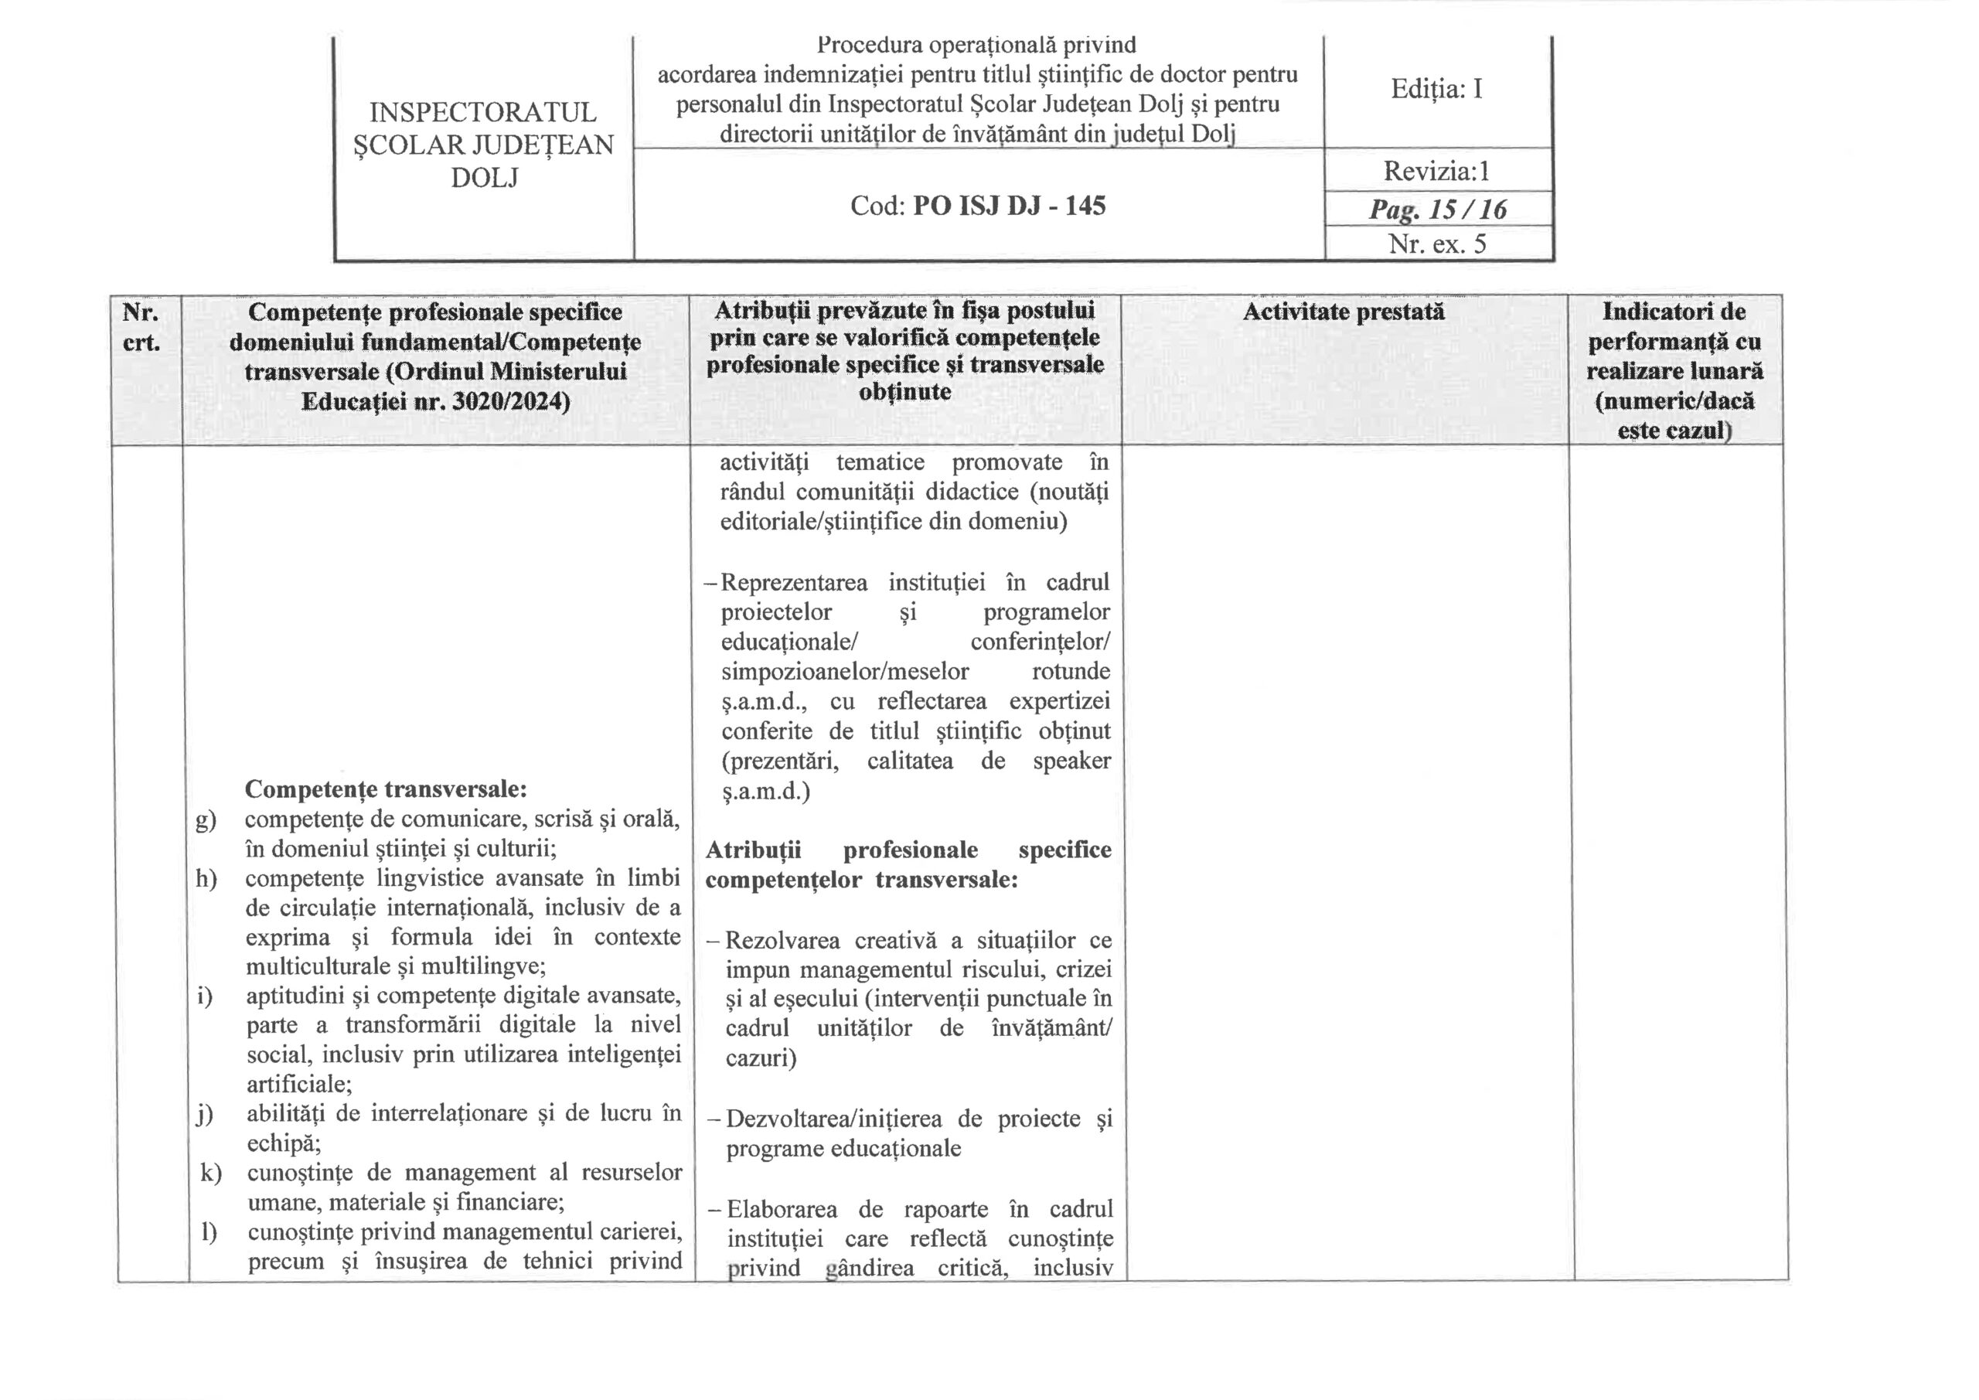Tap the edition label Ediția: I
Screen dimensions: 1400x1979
point(1436,89)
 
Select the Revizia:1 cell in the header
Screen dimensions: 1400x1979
point(1436,171)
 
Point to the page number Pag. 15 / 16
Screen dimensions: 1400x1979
point(1438,209)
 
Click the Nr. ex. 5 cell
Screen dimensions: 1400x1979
point(1437,244)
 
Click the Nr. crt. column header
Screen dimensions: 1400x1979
point(141,327)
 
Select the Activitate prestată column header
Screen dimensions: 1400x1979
point(1343,312)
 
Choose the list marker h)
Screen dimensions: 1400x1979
point(206,878)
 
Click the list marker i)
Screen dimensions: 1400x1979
point(204,996)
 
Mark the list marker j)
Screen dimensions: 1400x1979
point(204,1114)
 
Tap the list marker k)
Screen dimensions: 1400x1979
point(209,1173)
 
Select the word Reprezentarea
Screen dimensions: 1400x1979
point(794,583)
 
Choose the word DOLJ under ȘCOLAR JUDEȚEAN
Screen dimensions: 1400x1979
point(485,178)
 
